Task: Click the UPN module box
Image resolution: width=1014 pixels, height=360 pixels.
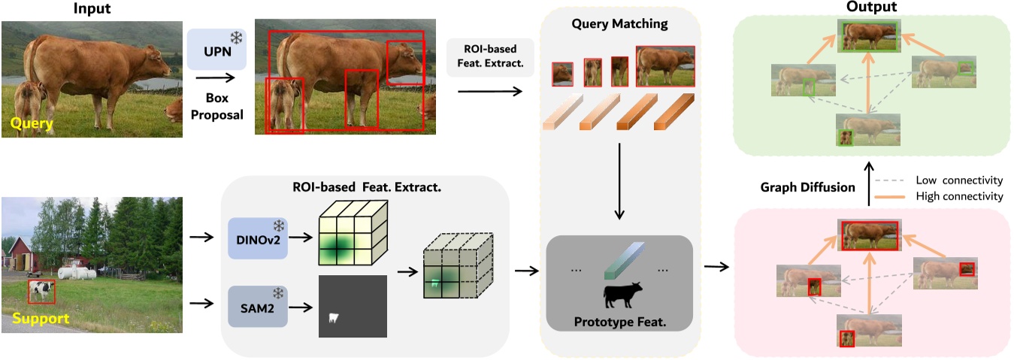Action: (216, 50)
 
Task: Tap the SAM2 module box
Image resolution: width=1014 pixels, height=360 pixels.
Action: (257, 307)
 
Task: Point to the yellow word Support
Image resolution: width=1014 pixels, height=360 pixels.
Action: (41, 319)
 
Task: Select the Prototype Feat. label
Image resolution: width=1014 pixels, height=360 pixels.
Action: (620, 323)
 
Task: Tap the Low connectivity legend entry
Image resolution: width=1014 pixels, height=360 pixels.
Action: (947, 180)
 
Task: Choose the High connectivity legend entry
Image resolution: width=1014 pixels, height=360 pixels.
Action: (947, 196)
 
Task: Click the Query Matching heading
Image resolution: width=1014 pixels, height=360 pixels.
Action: (619, 24)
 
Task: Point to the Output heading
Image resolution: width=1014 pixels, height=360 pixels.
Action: (871, 7)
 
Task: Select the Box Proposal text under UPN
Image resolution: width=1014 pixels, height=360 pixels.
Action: (216, 107)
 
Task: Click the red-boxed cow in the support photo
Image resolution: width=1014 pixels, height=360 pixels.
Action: (41, 292)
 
